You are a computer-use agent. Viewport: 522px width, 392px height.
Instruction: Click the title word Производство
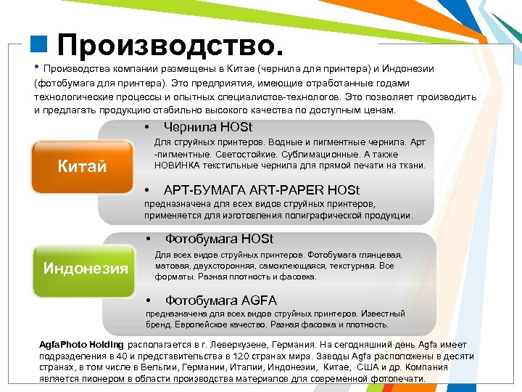click(x=170, y=46)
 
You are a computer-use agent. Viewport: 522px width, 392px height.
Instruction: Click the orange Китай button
click(x=82, y=167)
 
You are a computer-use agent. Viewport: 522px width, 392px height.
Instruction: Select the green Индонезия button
click(x=86, y=269)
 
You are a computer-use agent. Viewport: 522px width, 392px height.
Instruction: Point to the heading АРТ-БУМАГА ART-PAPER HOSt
click(x=262, y=190)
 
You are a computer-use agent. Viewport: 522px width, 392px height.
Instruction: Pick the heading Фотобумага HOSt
click(x=219, y=239)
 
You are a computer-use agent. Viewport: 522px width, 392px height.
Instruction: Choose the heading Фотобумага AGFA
click(x=221, y=300)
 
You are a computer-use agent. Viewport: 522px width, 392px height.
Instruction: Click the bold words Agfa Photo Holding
click(x=81, y=345)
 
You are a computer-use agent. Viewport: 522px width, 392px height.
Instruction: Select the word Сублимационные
click(x=321, y=154)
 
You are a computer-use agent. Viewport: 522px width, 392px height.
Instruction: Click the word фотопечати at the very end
click(x=399, y=378)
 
